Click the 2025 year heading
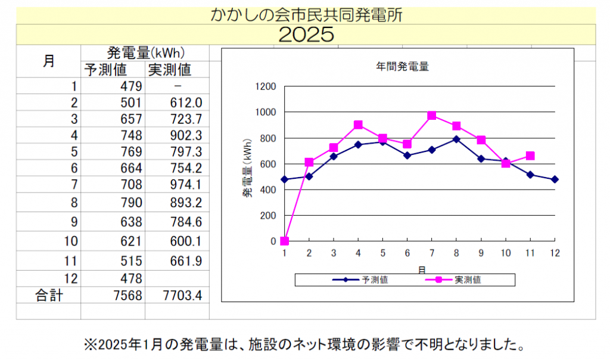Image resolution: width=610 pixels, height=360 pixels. point(306,35)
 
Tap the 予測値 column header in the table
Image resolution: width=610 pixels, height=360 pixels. point(105,70)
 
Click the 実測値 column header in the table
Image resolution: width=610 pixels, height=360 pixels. point(169,70)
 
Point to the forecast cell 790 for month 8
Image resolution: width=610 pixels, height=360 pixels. point(129,203)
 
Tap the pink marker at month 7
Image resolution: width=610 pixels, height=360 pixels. point(432,116)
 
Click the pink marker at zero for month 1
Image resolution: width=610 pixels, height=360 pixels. point(285,241)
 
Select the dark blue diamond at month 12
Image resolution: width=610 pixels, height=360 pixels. point(555,179)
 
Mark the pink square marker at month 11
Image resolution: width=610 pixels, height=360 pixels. point(530,156)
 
